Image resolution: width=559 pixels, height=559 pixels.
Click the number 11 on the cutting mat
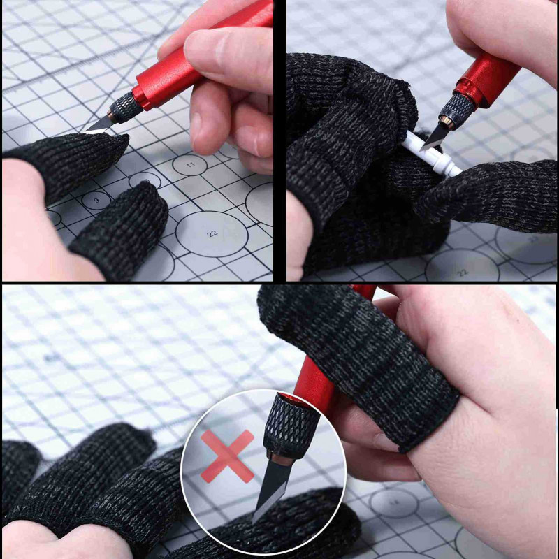pos(189,165)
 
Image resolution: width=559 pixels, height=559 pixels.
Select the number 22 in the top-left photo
pos(212,234)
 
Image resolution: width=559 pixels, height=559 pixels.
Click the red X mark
pos(227,456)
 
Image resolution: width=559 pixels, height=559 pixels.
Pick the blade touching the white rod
pos(434,137)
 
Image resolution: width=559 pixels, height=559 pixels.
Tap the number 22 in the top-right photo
pos(462,273)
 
